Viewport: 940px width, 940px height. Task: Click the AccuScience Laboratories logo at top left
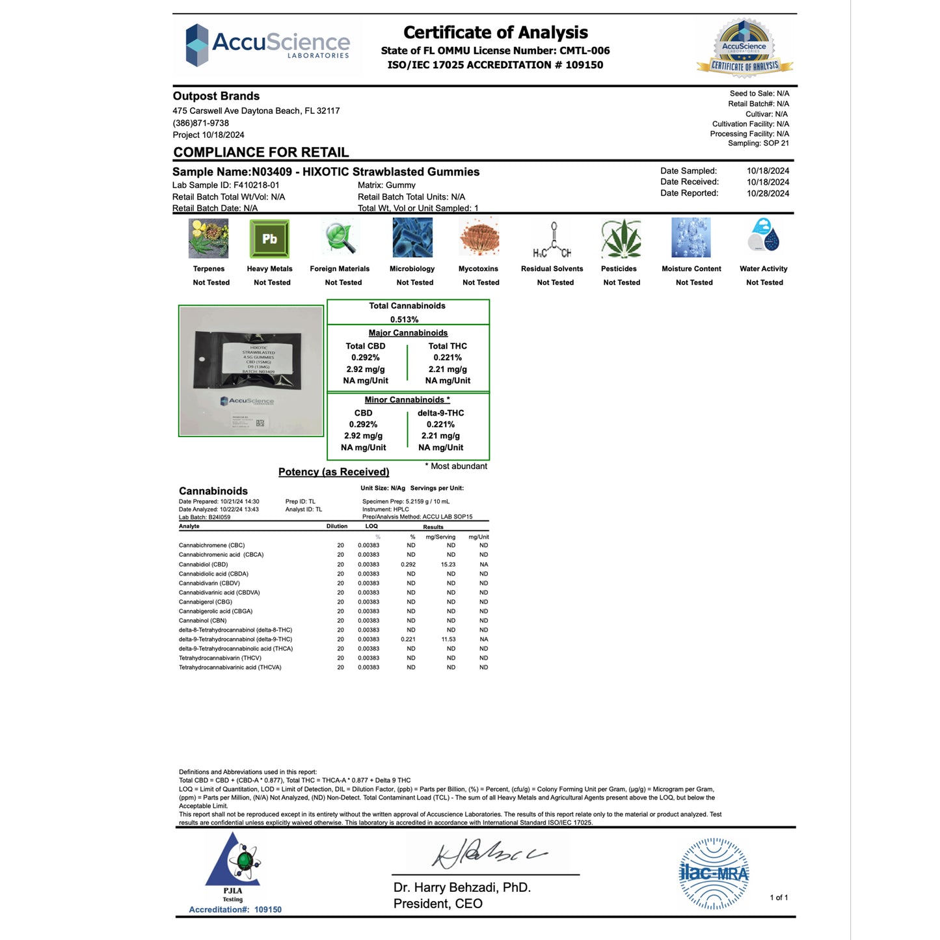click(267, 45)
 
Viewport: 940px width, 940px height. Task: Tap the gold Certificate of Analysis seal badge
click(744, 47)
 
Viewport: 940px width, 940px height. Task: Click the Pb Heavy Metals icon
click(269, 239)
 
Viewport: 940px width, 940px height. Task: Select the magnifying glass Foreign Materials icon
click(340, 238)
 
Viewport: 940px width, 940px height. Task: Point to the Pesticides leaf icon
click(621, 238)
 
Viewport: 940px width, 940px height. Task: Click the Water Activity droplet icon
click(763, 235)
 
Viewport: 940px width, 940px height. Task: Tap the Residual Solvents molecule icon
click(552, 239)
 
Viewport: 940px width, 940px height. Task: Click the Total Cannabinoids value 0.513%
click(405, 319)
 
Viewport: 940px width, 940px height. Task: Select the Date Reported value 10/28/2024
click(768, 193)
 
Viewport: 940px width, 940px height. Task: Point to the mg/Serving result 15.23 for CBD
click(448, 565)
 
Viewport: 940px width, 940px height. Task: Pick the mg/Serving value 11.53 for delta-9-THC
click(448, 639)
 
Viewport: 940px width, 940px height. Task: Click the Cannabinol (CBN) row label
click(203, 621)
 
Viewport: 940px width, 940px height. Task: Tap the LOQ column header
click(371, 526)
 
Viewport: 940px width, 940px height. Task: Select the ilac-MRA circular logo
click(714, 874)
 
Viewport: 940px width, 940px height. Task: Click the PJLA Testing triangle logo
click(234, 865)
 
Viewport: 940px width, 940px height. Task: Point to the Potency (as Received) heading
click(334, 472)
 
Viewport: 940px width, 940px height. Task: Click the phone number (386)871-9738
click(201, 123)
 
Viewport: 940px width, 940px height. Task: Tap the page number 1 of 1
click(779, 898)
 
